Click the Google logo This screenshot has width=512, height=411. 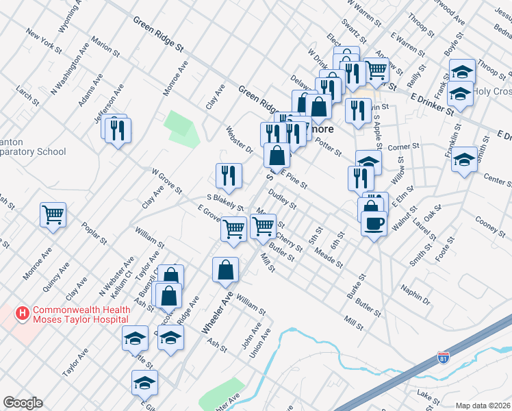click(23, 403)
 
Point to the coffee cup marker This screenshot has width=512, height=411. click(374, 224)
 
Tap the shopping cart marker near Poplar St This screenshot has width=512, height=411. click(53, 216)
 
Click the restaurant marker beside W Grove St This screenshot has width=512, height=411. click(229, 175)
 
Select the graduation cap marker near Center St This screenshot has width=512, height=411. click(465, 160)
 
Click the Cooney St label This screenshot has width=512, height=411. click(490, 225)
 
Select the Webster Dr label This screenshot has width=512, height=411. click(240, 140)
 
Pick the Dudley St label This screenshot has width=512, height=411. click(282, 200)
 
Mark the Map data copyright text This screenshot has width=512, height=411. click(483, 406)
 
